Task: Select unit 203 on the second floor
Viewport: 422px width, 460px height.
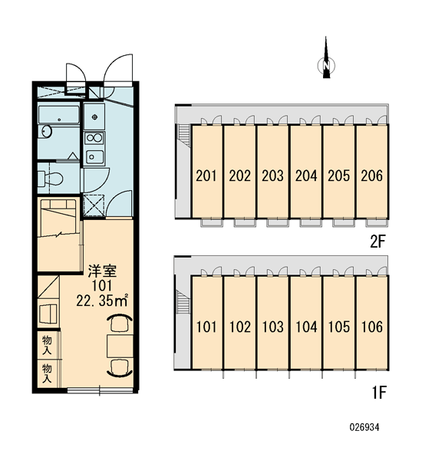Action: click(x=273, y=172)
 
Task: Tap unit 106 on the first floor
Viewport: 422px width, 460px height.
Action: click(x=372, y=323)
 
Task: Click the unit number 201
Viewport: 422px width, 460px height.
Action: click(x=206, y=176)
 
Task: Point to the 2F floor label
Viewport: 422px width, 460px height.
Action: click(x=377, y=242)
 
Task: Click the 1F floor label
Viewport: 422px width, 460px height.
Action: click(x=379, y=393)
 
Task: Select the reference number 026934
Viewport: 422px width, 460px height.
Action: click(x=364, y=427)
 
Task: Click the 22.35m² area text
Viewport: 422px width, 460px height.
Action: click(x=101, y=301)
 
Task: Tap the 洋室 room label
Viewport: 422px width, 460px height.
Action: click(x=103, y=271)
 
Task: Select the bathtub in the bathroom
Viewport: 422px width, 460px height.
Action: click(x=59, y=115)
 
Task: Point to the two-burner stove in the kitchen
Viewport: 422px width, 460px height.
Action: click(x=94, y=138)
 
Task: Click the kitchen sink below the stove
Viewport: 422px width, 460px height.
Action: click(x=94, y=157)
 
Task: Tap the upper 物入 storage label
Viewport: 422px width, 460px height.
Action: click(x=47, y=345)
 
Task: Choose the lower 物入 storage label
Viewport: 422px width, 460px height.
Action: click(x=47, y=373)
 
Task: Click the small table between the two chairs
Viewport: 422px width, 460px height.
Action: click(x=120, y=346)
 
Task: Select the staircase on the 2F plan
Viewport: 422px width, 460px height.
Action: click(x=183, y=133)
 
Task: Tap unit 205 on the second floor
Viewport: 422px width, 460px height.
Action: click(x=339, y=172)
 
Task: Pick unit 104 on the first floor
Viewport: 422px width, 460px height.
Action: click(x=306, y=323)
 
